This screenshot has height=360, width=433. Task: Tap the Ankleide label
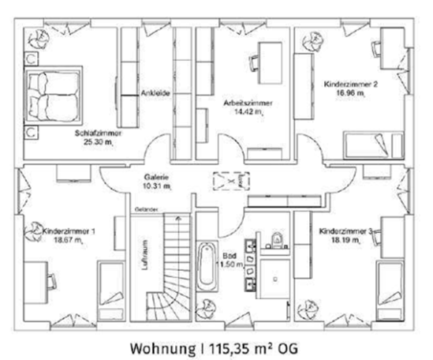[x=155, y=96]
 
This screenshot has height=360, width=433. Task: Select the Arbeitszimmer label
[x=248, y=103]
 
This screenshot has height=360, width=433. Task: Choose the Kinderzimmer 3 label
[x=346, y=232]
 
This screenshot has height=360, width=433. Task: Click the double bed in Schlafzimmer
[x=52, y=95]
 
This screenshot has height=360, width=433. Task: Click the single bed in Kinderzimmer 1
[x=106, y=289]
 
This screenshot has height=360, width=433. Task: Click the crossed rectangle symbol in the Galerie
[x=230, y=182]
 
